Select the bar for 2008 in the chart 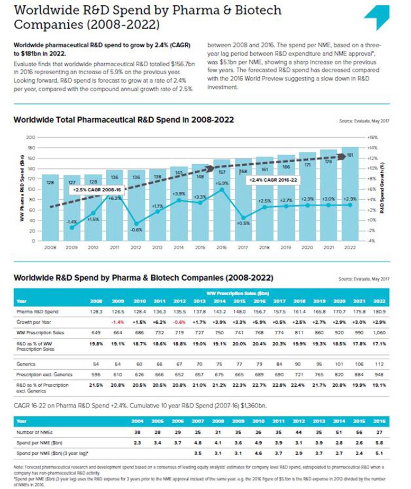tap(50, 207)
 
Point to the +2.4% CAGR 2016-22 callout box tap(271, 180)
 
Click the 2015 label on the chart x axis tap(200, 247)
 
